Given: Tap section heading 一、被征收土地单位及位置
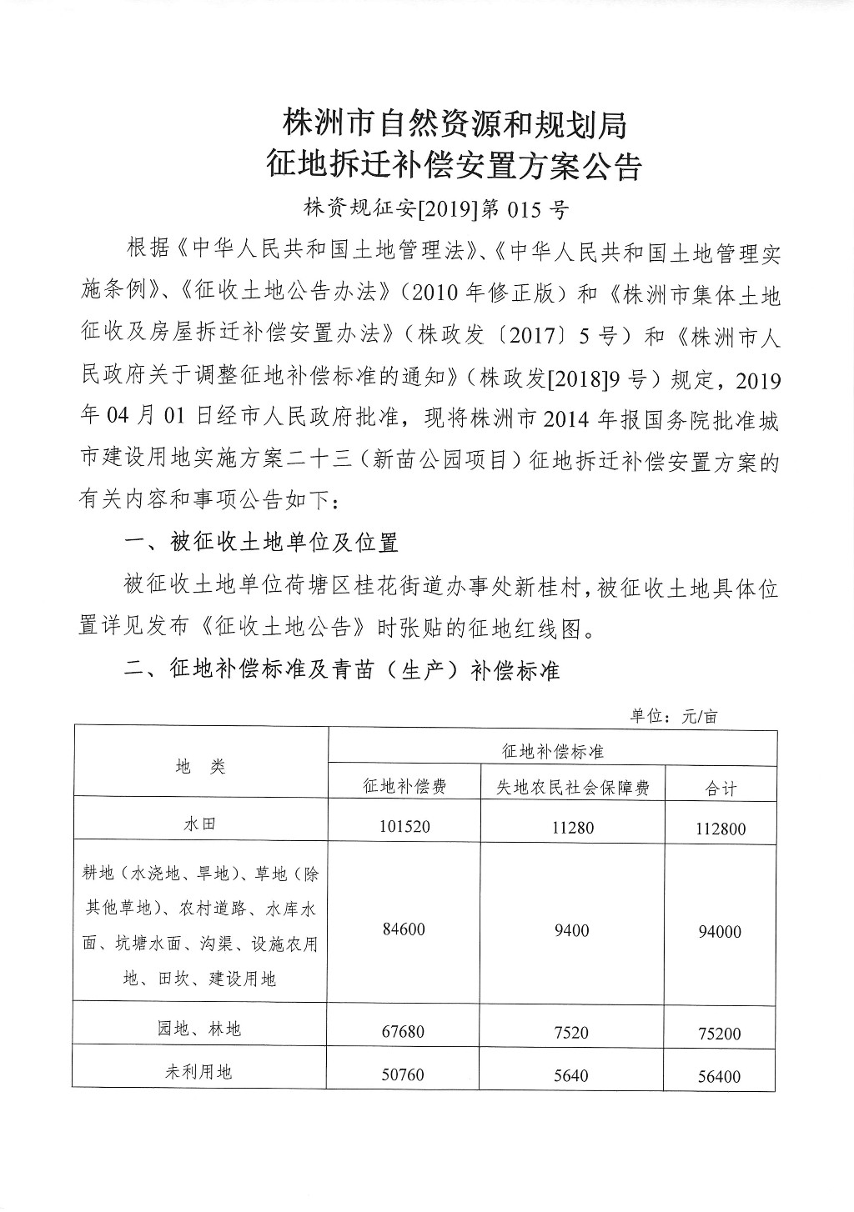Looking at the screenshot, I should tap(261, 543).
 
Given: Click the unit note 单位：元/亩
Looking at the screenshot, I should tap(673, 715).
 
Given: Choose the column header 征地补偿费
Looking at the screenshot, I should tap(404, 786).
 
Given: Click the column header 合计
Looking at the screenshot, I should tap(721, 787).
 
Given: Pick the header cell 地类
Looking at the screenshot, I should tap(201, 767).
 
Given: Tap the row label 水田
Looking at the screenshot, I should tap(200, 824).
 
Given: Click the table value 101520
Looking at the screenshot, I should tap(404, 827).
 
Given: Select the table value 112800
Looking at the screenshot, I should tap(721, 829).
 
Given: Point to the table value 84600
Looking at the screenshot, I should tap(404, 929).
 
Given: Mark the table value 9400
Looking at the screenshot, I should tap(571, 930).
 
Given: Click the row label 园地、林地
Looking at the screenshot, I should tap(200, 1029).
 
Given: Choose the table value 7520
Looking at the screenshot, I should tap(571, 1033).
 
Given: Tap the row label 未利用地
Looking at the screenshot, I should tap(199, 1072).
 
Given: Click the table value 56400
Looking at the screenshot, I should tap(719, 1076).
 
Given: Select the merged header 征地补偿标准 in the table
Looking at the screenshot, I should tap(553, 751).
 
